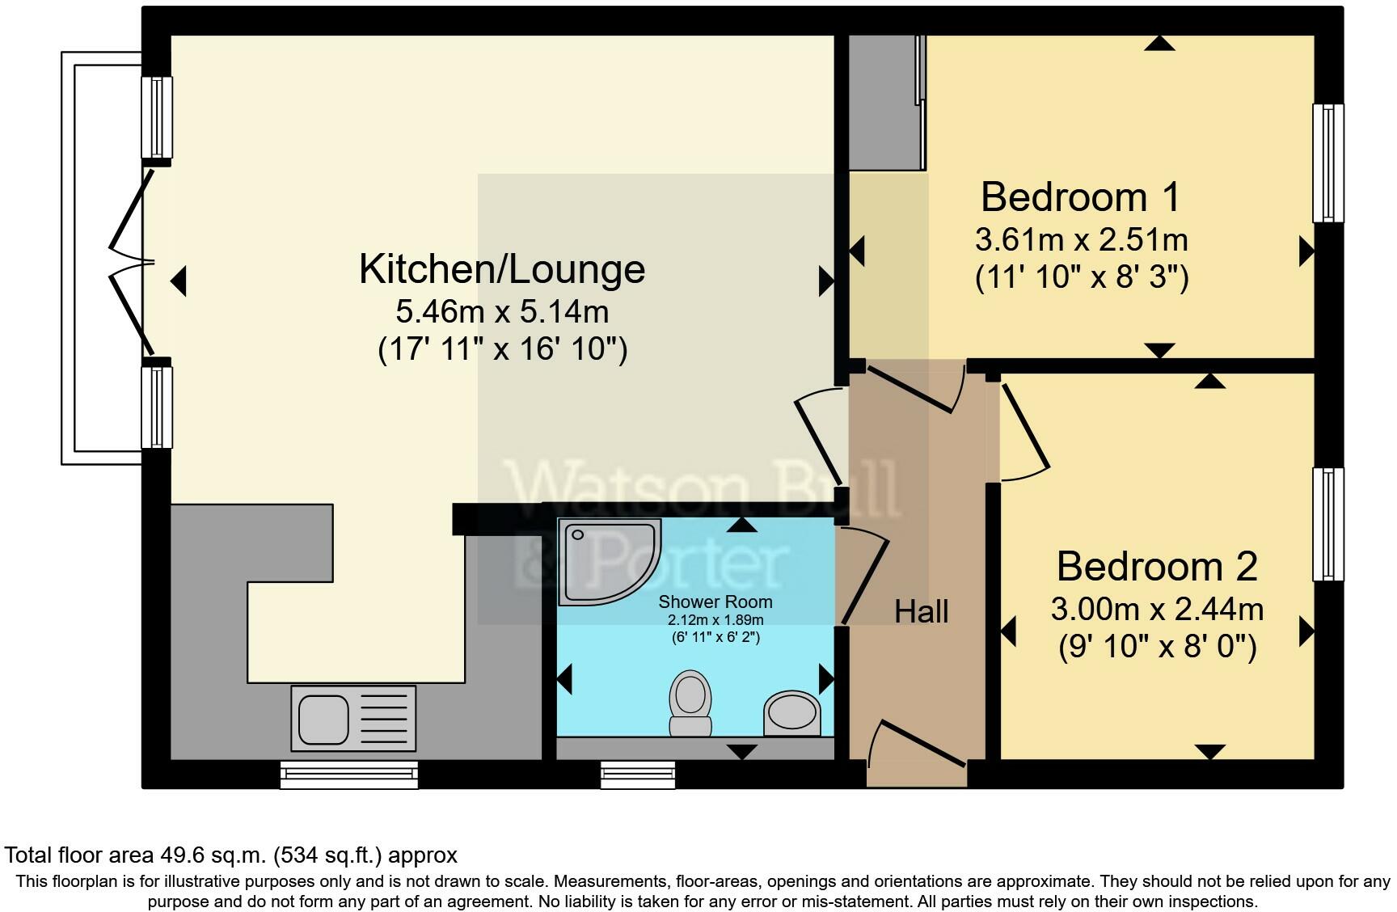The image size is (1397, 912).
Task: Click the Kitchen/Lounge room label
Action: click(501, 269)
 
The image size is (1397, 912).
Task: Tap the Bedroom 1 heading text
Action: click(1080, 197)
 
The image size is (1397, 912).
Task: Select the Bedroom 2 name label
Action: click(1156, 567)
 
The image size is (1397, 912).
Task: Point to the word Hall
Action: click(921, 612)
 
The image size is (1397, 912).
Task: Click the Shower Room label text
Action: click(715, 602)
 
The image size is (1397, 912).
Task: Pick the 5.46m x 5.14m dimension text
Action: click(501, 311)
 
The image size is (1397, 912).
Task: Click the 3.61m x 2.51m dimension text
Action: click(1081, 240)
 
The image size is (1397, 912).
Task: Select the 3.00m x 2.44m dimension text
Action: click(1156, 609)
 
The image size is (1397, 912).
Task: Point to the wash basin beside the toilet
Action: click(792, 713)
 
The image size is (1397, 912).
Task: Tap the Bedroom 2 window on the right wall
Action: click(1327, 524)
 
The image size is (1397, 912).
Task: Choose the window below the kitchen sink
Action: click(349, 775)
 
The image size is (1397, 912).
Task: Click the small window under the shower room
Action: click(637, 775)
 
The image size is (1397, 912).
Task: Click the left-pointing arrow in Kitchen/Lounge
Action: click(179, 281)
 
